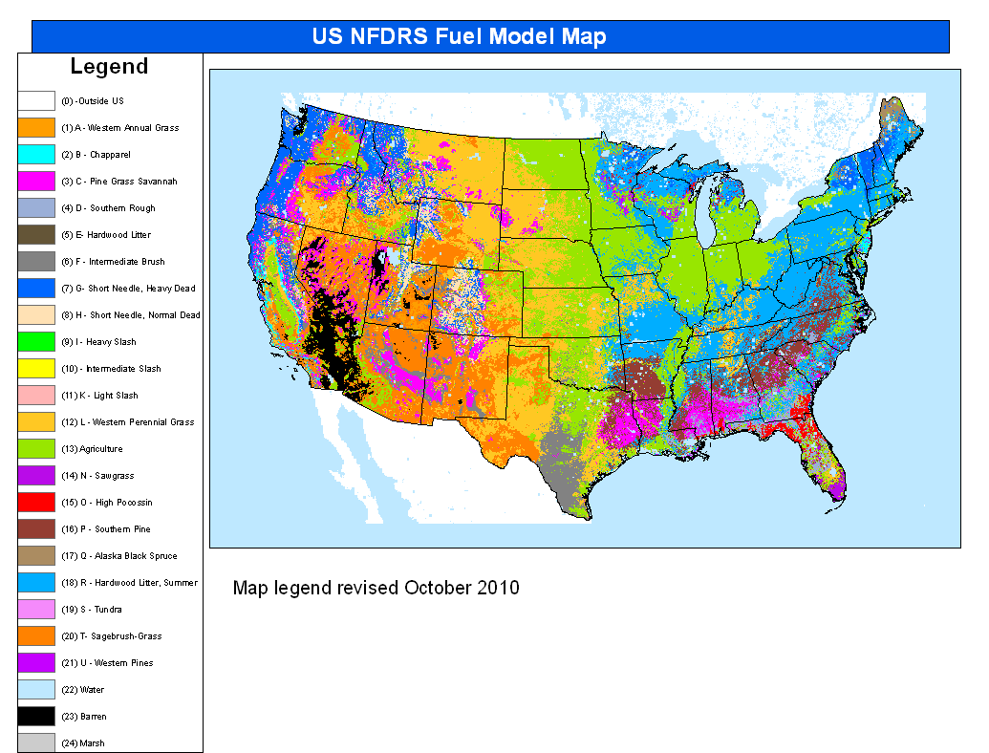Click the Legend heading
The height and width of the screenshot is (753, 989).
point(109,67)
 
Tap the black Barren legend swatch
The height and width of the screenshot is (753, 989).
point(35,716)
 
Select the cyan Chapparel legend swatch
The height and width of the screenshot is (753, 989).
point(35,154)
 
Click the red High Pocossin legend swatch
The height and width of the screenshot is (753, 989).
point(35,502)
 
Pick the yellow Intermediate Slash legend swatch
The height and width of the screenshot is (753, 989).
point(35,368)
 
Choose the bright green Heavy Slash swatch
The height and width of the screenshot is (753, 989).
point(35,341)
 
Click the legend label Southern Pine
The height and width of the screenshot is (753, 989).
point(105,529)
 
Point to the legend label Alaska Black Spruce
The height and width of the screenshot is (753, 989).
point(118,556)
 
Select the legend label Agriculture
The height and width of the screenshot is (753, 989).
point(92,449)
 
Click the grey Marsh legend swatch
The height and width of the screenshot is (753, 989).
point(35,742)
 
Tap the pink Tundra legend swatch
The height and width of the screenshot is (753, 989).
point(35,609)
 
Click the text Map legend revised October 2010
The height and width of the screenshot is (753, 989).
point(376,588)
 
